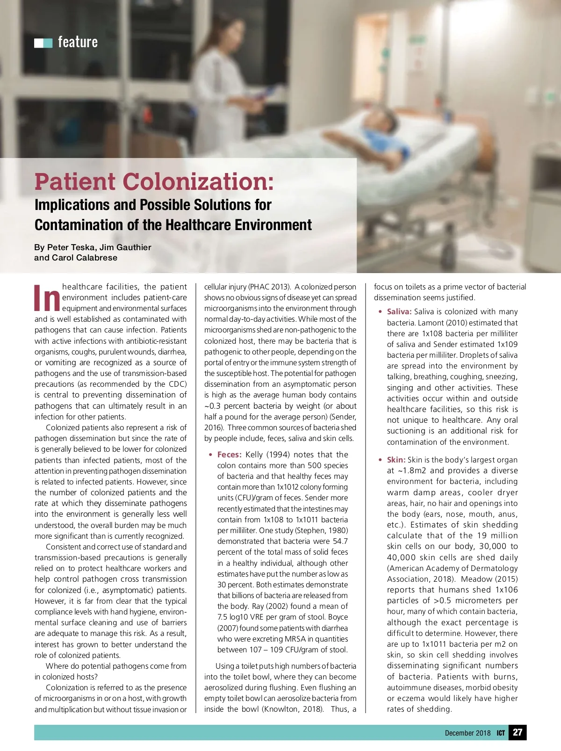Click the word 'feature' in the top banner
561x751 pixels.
pyautogui.click(x=78, y=42)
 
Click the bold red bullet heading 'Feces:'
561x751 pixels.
pyautogui.click(x=229, y=455)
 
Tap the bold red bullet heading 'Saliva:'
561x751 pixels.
pyautogui.click(x=399, y=311)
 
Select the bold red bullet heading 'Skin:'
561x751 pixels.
pyautogui.click(x=396, y=460)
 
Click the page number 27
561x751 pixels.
pyautogui.click(x=518, y=732)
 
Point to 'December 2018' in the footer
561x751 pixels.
pyautogui.click(x=467, y=733)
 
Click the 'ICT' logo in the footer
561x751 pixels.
pyautogui.click(x=501, y=733)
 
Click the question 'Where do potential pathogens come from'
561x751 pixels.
pyautogui.click(x=116, y=666)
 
